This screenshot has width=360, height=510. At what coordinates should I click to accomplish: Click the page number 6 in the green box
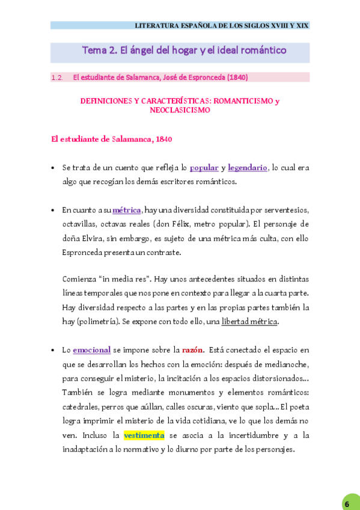pos(347,503)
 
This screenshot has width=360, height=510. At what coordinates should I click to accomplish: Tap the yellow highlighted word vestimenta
pos(144,435)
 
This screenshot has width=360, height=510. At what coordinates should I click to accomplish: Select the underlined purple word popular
pos(204,168)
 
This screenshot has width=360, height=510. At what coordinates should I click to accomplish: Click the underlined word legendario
pos(248,168)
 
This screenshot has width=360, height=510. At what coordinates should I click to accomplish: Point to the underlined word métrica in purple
pos(126,210)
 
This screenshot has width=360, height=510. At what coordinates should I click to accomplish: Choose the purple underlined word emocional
pos(92,349)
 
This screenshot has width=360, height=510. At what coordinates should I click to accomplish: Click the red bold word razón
pos(193,349)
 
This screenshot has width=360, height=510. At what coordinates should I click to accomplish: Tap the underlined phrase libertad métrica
pos(249,321)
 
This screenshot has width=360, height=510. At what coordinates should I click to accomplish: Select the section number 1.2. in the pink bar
pos(58,77)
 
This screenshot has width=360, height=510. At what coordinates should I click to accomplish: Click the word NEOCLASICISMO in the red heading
pos(180,110)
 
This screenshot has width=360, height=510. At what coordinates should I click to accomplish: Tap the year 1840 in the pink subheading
pos(163,139)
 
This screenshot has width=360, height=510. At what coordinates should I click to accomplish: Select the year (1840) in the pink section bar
pos(237,77)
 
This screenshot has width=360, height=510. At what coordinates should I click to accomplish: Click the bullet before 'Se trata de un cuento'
pos(53,168)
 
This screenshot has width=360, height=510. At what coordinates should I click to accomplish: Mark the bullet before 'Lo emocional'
pos(53,349)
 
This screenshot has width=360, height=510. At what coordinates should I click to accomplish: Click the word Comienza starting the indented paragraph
pos(79,279)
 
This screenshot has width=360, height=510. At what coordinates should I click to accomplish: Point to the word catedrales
pos(81,407)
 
